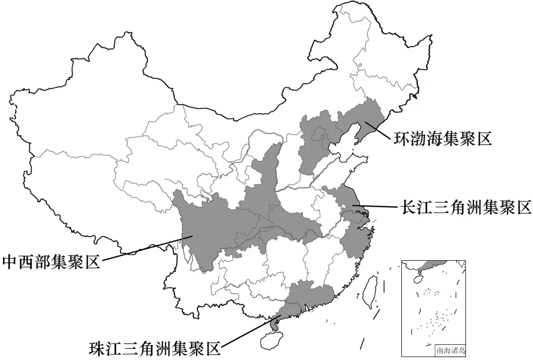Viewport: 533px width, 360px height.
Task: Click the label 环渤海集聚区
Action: (443, 138)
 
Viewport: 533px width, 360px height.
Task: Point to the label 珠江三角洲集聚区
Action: (154, 349)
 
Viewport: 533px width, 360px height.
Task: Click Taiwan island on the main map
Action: (369, 291)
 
